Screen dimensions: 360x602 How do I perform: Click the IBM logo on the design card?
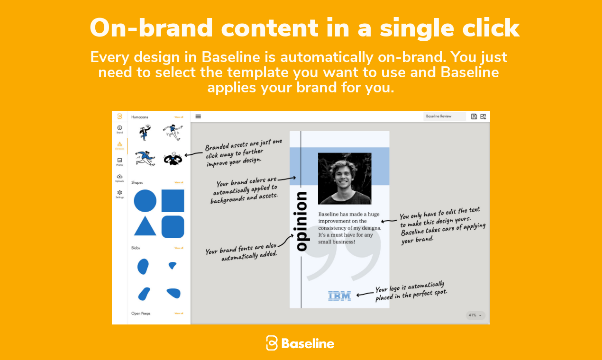pyautogui.click(x=339, y=296)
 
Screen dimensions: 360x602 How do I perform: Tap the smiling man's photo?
pyautogui.click(x=345, y=178)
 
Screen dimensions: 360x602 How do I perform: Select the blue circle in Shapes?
pyautogui.click(x=145, y=201)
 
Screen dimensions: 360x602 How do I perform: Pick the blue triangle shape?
pyautogui.click(x=145, y=226)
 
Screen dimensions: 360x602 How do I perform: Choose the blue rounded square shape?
pyautogui.click(x=173, y=226)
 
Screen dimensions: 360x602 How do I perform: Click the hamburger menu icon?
pyautogui.click(x=198, y=117)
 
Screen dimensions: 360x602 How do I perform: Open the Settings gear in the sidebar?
pyautogui.click(x=119, y=193)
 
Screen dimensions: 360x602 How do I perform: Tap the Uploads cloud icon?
pyautogui.click(x=119, y=177)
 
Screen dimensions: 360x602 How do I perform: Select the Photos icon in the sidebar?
pyautogui.click(x=119, y=161)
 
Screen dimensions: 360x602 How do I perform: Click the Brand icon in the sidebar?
pyautogui.click(x=119, y=128)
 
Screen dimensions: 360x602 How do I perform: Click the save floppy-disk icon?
pyautogui.click(x=474, y=117)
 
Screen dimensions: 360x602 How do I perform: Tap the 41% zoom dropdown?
pyautogui.click(x=475, y=315)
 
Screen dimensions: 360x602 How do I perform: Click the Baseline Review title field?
pyautogui.click(x=444, y=117)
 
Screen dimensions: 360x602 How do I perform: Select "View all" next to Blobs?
pyautogui.click(x=179, y=248)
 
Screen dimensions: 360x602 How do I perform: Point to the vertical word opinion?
pyautogui.click(x=302, y=221)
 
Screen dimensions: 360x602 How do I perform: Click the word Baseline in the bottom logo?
pyautogui.click(x=308, y=343)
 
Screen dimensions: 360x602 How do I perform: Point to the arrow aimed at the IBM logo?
pyautogui.click(x=365, y=294)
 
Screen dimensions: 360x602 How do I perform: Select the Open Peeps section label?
pyautogui.click(x=141, y=313)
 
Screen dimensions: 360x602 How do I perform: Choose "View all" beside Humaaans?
pyautogui.click(x=179, y=117)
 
